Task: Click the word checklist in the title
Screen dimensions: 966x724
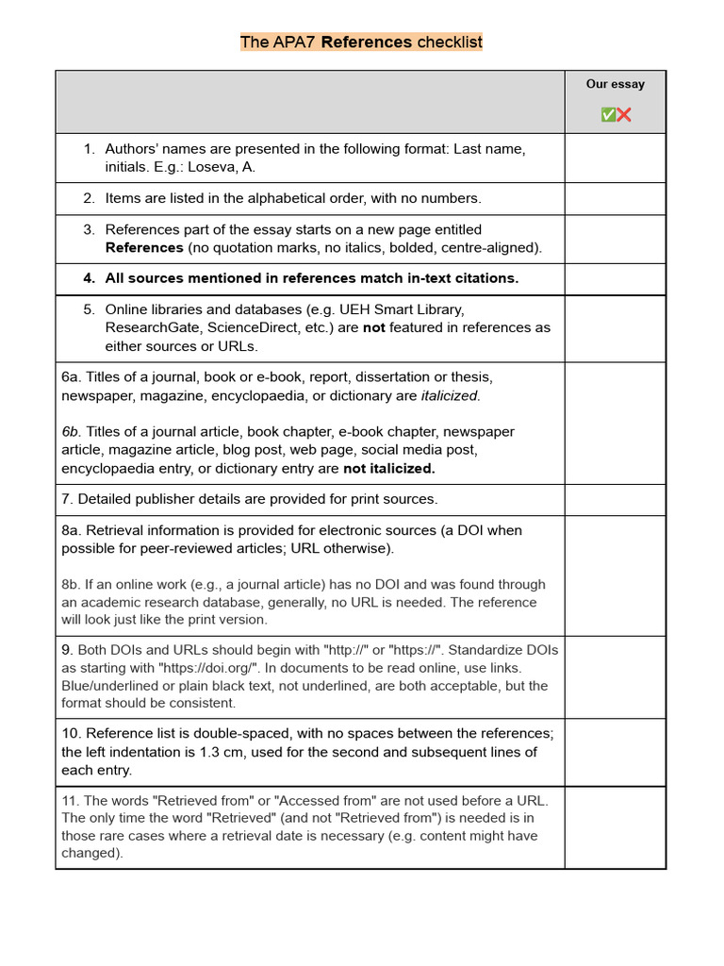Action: point(450,42)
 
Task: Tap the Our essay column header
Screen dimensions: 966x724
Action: point(615,84)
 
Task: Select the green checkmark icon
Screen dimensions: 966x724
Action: point(608,115)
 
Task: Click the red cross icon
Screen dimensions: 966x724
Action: point(623,115)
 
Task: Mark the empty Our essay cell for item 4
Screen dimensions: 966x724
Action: point(615,278)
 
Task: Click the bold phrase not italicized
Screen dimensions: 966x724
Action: point(388,468)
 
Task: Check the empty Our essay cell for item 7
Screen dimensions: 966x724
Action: point(615,499)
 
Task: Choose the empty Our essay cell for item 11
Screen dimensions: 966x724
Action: point(615,826)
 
